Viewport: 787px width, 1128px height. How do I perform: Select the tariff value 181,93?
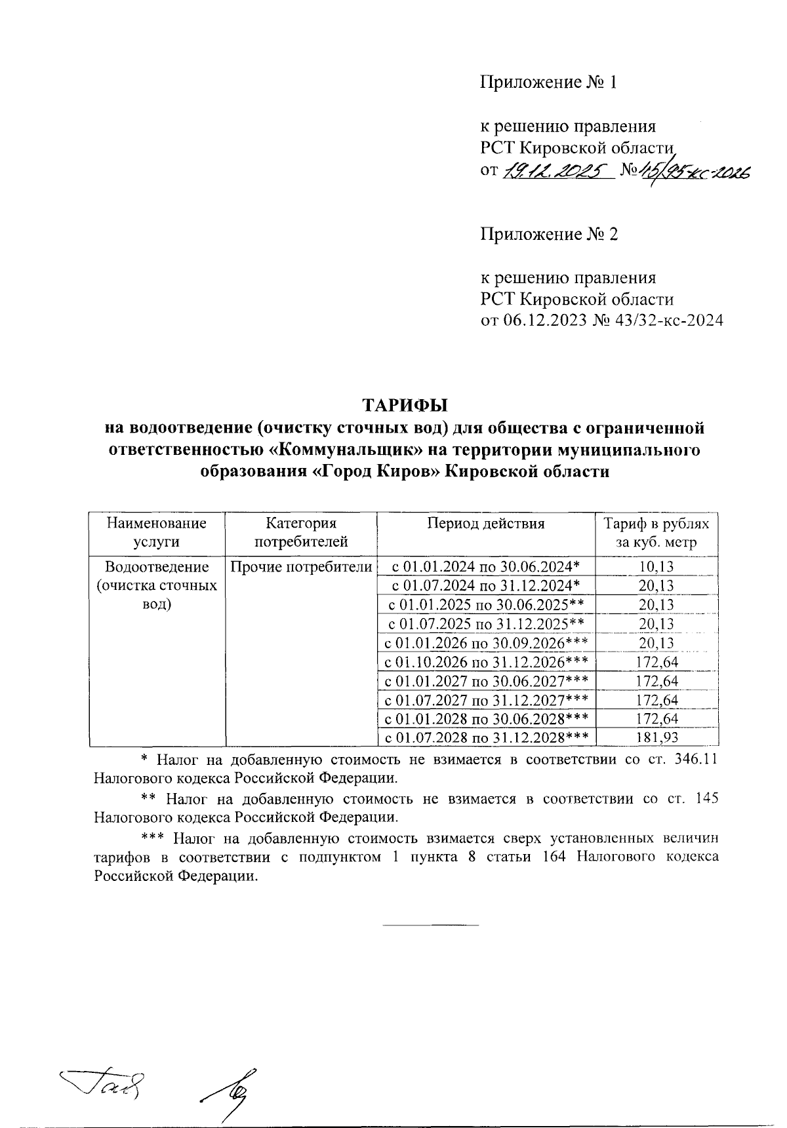[656, 737]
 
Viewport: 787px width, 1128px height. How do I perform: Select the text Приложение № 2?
[549, 234]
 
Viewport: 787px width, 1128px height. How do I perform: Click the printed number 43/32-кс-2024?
[657, 321]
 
